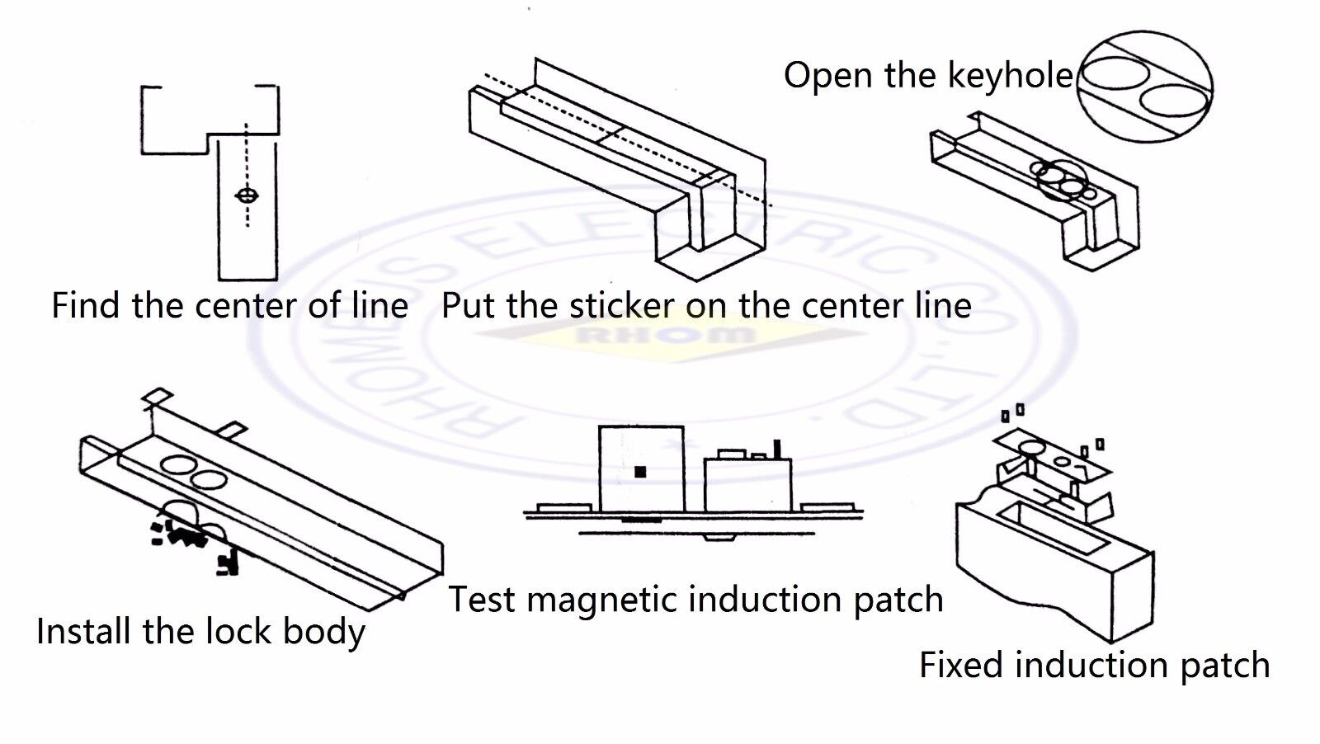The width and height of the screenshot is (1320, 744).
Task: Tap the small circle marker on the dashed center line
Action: (x=246, y=196)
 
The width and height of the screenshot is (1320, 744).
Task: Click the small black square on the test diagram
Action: (x=639, y=472)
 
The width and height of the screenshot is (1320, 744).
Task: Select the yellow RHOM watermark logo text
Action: (x=665, y=335)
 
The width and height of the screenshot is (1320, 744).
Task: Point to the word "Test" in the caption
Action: (x=482, y=600)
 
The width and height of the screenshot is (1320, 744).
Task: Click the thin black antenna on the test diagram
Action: (x=775, y=450)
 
